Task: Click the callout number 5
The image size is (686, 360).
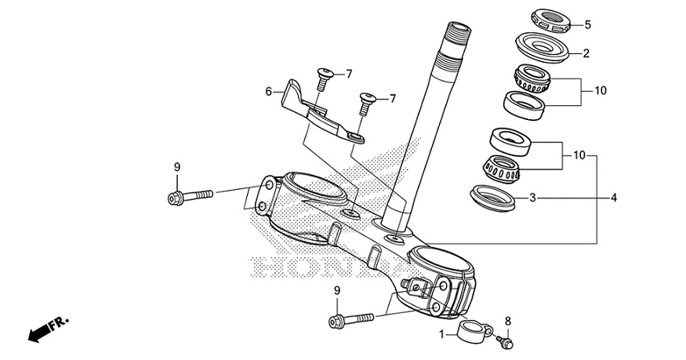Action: [587, 25]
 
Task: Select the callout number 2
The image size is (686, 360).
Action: [586, 54]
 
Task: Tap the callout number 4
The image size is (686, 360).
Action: [614, 198]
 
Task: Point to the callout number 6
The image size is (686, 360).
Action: [269, 92]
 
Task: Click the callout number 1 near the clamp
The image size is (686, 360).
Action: [441, 333]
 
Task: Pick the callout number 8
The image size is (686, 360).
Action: [507, 321]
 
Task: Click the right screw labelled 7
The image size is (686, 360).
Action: [367, 100]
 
